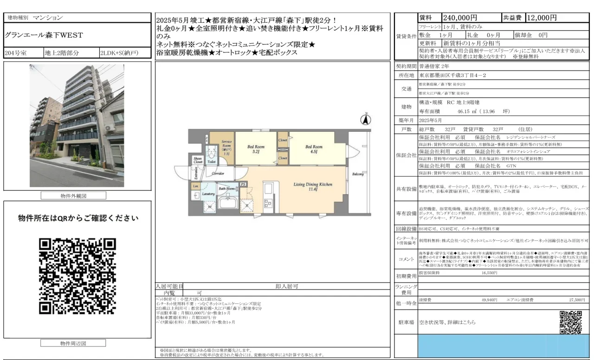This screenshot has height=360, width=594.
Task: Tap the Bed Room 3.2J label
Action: [x=256, y=148]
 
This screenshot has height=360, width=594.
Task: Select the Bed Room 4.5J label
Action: [x=314, y=148]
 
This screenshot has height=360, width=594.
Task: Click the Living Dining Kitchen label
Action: [x=313, y=186]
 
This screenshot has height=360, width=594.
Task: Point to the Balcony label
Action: [x=357, y=174]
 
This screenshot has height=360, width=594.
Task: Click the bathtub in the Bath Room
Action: [x=228, y=203]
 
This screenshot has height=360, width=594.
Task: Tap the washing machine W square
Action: [x=210, y=207]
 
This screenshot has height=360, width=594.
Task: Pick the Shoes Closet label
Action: [x=198, y=161]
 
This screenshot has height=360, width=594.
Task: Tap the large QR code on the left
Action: [x=77, y=276]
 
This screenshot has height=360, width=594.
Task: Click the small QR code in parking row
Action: [x=570, y=322]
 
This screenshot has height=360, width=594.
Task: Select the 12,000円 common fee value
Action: [x=542, y=18]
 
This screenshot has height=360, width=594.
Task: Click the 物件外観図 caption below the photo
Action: [x=73, y=196]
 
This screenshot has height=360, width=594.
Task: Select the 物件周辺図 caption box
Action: [x=73, y=343]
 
